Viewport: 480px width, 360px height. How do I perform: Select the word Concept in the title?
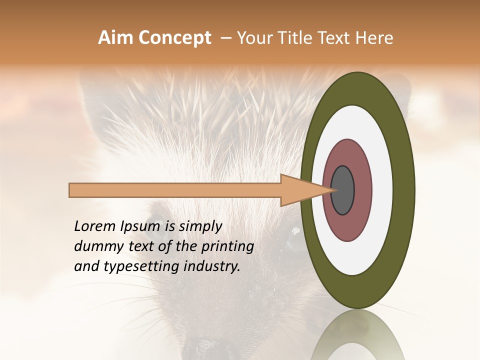point(174,38)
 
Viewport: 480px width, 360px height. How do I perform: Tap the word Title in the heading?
point(300,38)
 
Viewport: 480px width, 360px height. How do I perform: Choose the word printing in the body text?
point(227,247)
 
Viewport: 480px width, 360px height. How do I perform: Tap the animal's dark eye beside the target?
point(295,240)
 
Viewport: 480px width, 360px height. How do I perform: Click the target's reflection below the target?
point(357,337)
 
